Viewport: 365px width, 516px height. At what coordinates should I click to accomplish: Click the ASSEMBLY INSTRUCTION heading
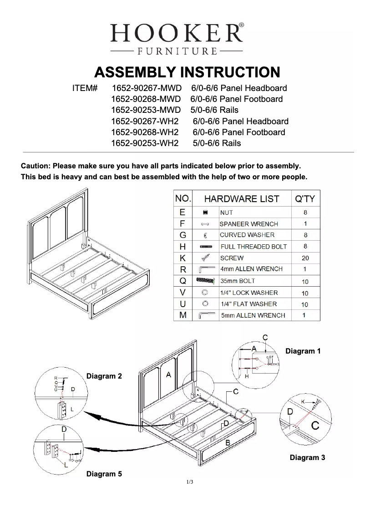click(187, 72)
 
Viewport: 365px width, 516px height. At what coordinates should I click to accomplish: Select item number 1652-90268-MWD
click(146, 99)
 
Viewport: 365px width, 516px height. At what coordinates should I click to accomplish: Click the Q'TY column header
click(304, 199)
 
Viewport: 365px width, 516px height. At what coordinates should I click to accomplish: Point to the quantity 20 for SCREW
click(305, 258)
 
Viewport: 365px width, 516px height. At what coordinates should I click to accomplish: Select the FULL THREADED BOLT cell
click(253, 247)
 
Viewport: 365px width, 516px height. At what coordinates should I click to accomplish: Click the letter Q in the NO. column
click(182, 281)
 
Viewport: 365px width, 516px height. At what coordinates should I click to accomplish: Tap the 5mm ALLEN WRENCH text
click(253, 315)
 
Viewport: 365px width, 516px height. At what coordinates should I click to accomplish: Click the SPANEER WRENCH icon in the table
click(205, 224)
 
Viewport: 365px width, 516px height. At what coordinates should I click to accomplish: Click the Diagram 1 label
click(303, 351)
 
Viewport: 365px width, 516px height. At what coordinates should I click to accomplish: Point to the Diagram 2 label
click(104, 376)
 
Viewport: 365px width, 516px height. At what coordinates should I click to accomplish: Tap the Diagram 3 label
click(307, 457)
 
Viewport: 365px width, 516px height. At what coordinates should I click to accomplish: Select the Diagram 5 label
click(104, 474)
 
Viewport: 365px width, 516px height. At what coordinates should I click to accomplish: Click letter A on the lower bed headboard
click(168, 375)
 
